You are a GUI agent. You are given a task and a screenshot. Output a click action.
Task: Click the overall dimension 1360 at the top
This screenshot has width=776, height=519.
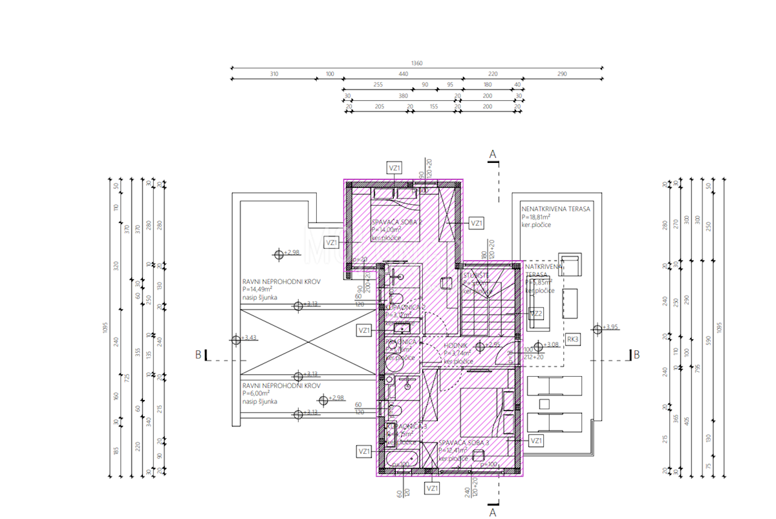coord(417,63)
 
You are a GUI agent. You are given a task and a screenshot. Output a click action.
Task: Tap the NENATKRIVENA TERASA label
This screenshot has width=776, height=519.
coord(555,209)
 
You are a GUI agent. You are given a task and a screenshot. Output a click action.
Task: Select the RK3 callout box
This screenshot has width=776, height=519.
coord(572,339)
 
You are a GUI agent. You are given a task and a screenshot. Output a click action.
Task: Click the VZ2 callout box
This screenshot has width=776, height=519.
coord(536,313)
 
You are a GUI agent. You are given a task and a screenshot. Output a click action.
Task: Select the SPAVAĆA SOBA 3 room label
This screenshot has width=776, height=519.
coord(462,443)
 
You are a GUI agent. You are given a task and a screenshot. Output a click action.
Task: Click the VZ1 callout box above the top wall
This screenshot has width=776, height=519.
coord(394,168)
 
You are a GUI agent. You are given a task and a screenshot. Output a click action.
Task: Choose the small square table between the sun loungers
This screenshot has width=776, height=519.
coord(544,405)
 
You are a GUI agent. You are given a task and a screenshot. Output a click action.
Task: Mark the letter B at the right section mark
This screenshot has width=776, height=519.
coord(636,354)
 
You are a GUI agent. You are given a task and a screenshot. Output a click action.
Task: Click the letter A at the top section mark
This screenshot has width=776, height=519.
coord(492,154)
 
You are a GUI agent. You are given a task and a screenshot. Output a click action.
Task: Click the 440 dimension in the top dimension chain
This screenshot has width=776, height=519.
coord(404,74)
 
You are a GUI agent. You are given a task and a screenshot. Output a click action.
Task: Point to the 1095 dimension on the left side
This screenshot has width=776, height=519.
coord(104,328)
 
